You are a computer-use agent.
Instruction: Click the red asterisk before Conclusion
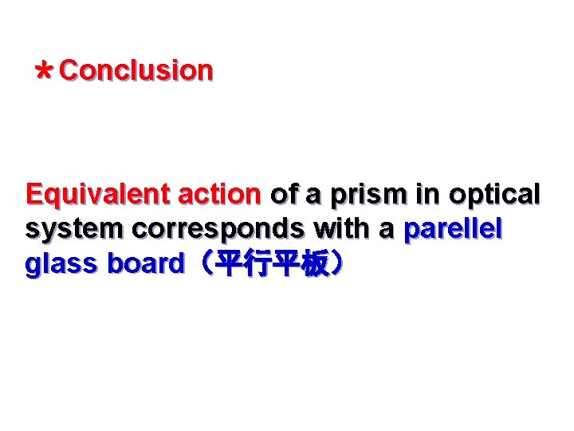coord(45,73)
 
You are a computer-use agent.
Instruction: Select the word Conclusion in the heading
coord(136,70)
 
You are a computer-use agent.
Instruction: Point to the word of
coord(284,195)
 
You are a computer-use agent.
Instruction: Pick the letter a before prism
coord(314,196)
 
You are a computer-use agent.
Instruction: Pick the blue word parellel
coord(453,230)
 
